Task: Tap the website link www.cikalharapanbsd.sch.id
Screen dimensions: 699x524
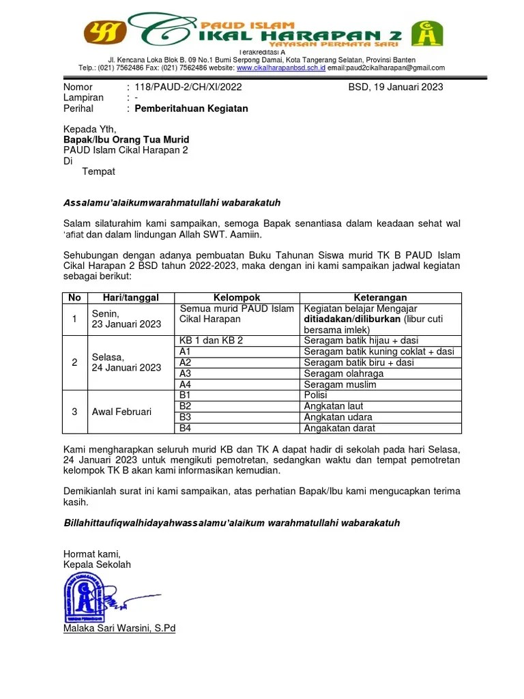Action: [x=280, y=68]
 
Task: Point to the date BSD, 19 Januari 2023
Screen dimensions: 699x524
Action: [x=395, y=87]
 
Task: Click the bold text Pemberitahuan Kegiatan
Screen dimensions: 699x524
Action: [x=191, y=109]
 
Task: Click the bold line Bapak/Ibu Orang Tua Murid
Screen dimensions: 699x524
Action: [x=126, y=139]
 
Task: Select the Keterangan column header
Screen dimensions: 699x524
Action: [x=381, y=298]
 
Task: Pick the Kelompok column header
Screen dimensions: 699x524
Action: [x=237, y=298]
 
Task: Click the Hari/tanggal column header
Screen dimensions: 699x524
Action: [x=130, y=298]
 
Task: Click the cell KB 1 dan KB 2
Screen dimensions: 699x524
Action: [x=211, y=340]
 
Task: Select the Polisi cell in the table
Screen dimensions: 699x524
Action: [x=316, y=395]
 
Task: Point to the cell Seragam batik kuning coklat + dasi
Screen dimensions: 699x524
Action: [x=379, y=351]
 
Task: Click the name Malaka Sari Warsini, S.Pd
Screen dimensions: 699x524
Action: [x=119, y=628]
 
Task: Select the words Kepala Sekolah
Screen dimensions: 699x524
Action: [x=97, y=565]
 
